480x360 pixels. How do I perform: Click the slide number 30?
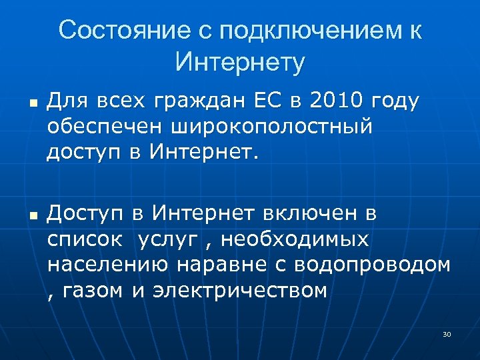[x=447, y=333]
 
